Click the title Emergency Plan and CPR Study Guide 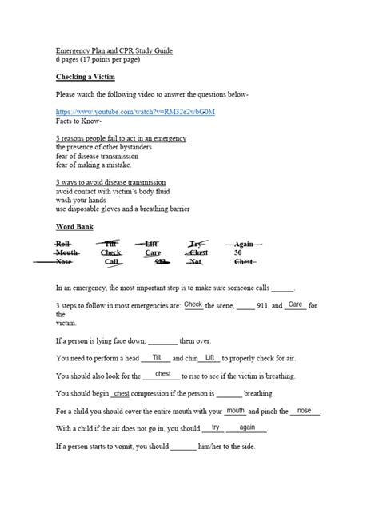114,50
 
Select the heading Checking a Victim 88,78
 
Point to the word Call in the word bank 111,261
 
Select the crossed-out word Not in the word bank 197,261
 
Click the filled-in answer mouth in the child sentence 236,410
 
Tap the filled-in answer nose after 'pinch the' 304,410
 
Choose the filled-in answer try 215,427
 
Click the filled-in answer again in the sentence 247,427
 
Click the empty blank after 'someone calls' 283,288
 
